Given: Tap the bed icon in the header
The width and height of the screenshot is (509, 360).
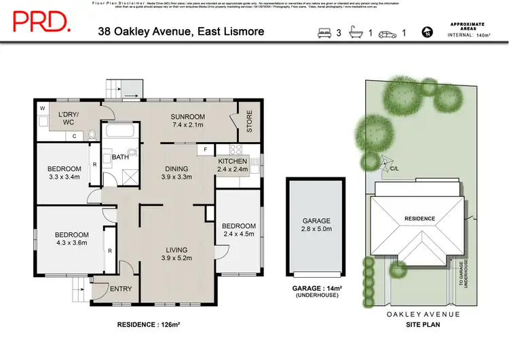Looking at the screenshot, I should tap(324, 32).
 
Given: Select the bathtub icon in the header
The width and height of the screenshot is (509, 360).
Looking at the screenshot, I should tap(356, 32).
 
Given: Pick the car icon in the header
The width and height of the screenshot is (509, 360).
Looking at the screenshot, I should tap(388, 32).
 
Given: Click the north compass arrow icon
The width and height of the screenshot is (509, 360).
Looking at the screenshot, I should tap(427, 32).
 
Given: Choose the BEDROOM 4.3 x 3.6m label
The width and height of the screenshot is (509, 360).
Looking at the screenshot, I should tap(72, 239).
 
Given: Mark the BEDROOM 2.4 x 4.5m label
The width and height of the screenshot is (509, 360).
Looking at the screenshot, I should tap(238, 230).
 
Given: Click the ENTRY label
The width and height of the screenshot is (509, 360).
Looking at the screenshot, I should tap(121, 289).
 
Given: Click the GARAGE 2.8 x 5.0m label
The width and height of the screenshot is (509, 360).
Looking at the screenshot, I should tap(316, 225).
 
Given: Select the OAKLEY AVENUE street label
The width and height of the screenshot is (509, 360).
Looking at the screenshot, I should tap(423, 314).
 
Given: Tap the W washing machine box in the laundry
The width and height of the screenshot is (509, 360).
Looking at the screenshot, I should tap(42, 109).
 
